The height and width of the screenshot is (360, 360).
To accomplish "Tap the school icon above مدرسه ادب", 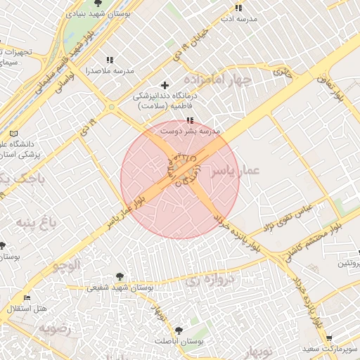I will [239, 8].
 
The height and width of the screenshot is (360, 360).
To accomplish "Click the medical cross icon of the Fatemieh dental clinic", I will [165, 85].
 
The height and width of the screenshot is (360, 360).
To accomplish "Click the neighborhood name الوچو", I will [67, 265].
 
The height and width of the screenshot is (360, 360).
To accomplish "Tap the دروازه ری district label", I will [209, 280].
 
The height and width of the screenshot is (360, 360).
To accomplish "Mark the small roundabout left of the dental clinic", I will [111, 107].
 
